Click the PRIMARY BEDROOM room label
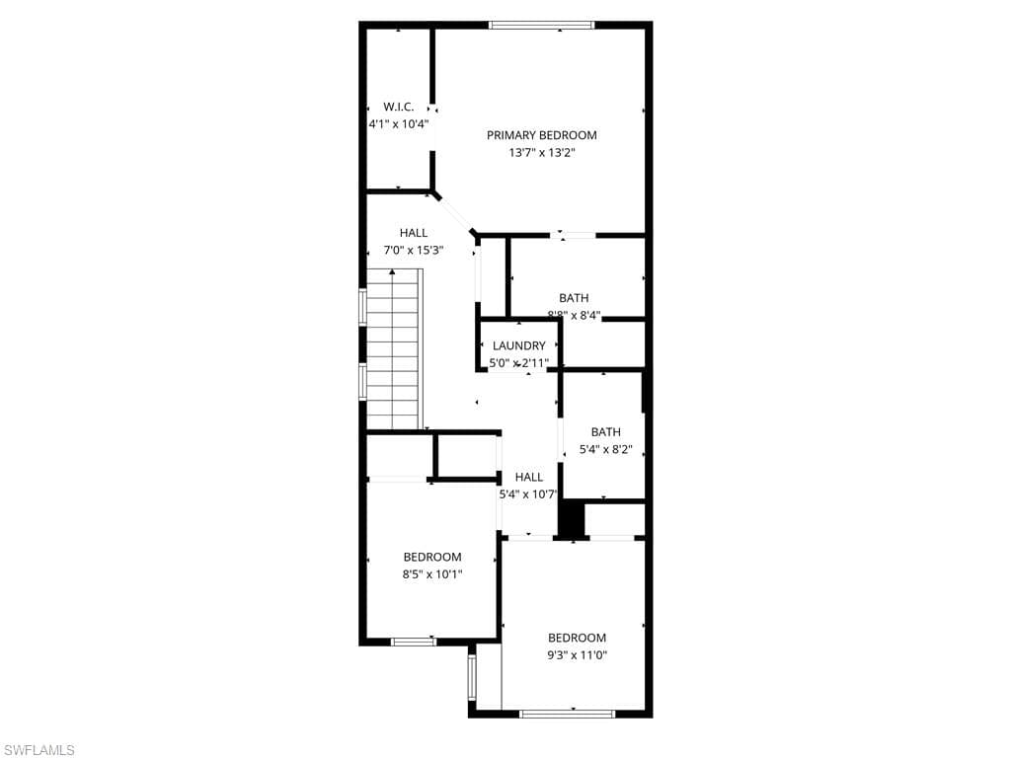pos(541,135)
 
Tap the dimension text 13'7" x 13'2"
pos(541,153)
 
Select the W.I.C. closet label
pos(398,107)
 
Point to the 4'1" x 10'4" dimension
pos(398,124)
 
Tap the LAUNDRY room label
pos(518,345)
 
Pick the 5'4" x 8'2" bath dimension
pos(605,449)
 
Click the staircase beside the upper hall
pos(394,350)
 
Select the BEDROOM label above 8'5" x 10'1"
pos(432,557)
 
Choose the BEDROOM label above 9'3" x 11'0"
pos(578,638)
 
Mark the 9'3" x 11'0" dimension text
pos(578,655)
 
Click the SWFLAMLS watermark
pos(39,750)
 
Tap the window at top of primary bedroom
pos(541,26)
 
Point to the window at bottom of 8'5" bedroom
pos(414,642)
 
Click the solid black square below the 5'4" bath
pos(572,519)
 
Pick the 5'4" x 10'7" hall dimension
pos(528,494)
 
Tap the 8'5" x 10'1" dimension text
pos(432,574)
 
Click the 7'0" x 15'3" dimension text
pos(414,251)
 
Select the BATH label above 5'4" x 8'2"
pos(605,431)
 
